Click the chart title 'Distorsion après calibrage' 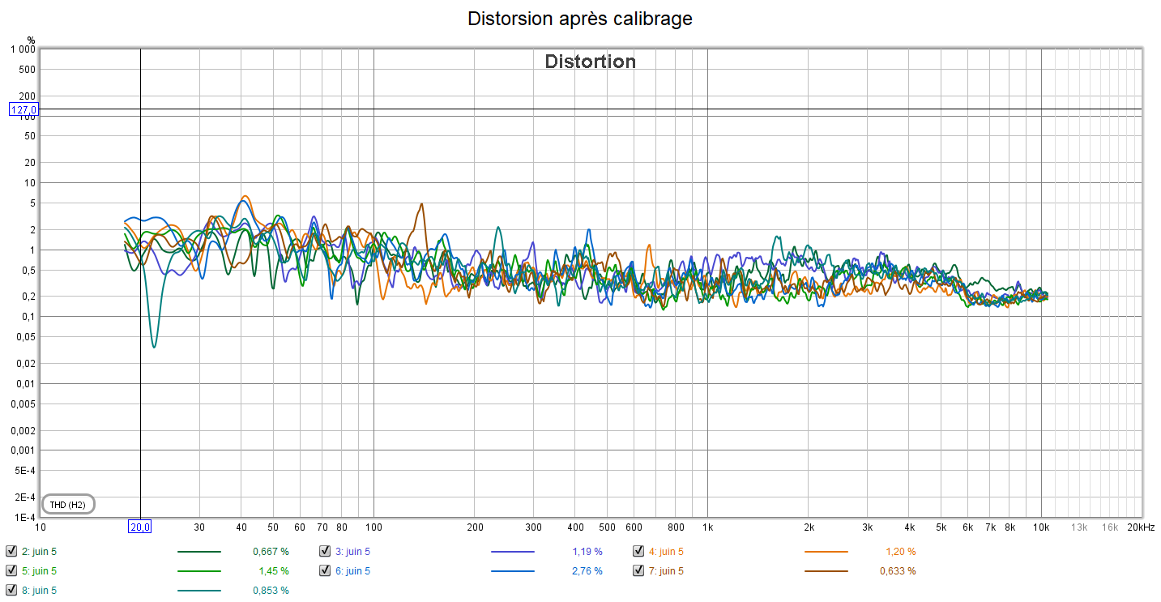(580, 19)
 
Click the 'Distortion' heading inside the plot (590, 62)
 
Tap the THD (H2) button (68, 505)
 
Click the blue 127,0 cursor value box (23, 109)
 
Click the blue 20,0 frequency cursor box (140, 527)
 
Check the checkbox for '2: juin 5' (11, 551)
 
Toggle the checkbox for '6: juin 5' (325, 570)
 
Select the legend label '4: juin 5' (665, 552)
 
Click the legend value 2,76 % (586, 571)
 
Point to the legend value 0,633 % (898, 571)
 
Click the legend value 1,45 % (272, 571)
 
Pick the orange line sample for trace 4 (826, 552)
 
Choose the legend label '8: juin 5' (39, 591)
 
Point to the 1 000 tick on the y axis (22, 49)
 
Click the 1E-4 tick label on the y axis (26, 517)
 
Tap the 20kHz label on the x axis (1141, 527)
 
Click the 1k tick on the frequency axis (707, 527)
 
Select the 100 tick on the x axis (373, 527)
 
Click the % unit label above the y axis (31, 40)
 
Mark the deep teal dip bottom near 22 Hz (154, 347)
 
